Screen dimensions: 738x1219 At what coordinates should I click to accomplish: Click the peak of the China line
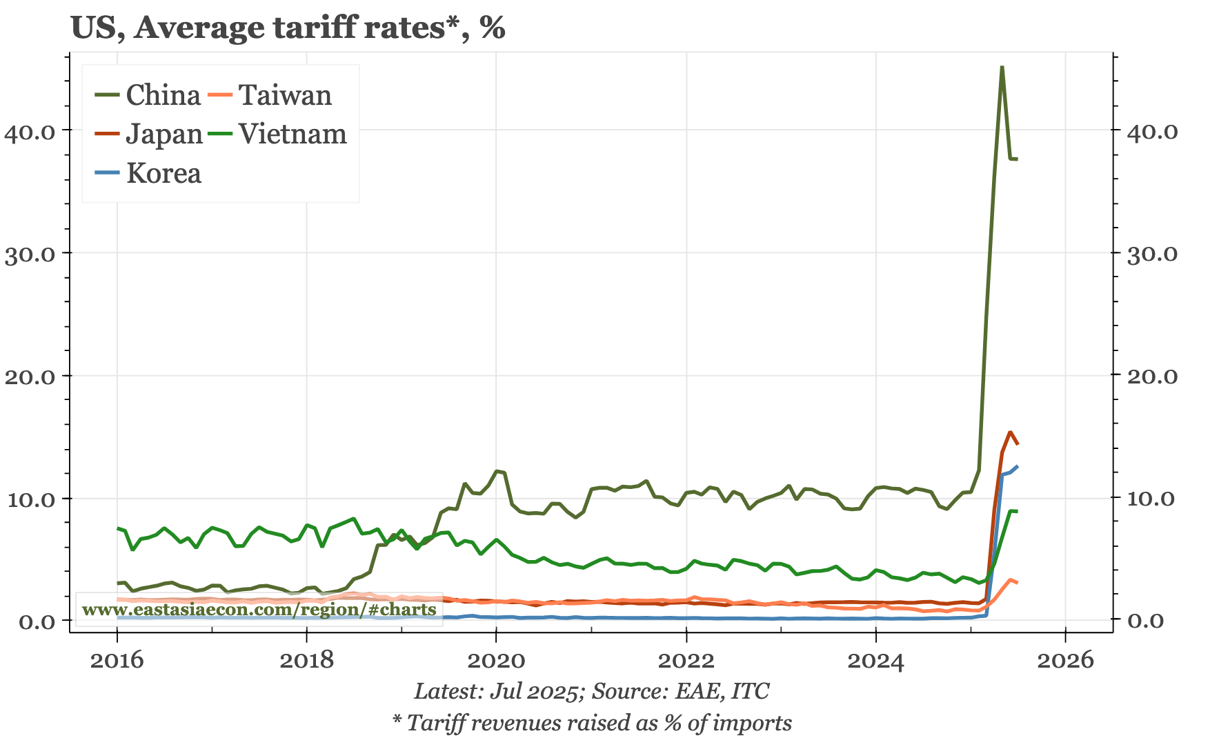click(1002, 68)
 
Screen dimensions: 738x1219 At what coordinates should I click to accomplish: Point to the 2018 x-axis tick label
click(306, 660)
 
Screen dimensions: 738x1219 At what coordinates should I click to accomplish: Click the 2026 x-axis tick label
click(1065, 660)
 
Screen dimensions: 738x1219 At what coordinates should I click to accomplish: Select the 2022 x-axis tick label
click(686, 660)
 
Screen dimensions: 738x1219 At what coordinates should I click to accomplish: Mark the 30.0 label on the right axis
click(1152, 254)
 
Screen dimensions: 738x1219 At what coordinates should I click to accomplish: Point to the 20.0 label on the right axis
click(1152, 377)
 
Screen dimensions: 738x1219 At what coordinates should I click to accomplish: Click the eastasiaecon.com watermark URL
click(259, 610)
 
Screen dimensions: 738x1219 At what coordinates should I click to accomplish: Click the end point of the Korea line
click(1018, 466)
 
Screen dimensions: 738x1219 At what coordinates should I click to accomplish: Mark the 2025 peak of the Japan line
click(1010, 432)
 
